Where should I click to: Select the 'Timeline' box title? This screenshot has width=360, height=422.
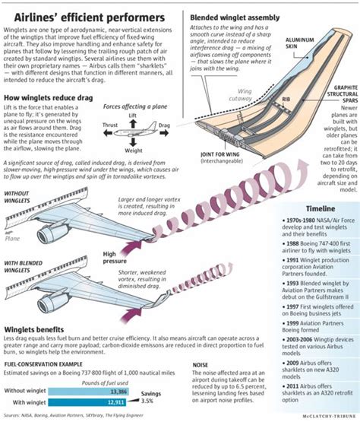319,208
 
